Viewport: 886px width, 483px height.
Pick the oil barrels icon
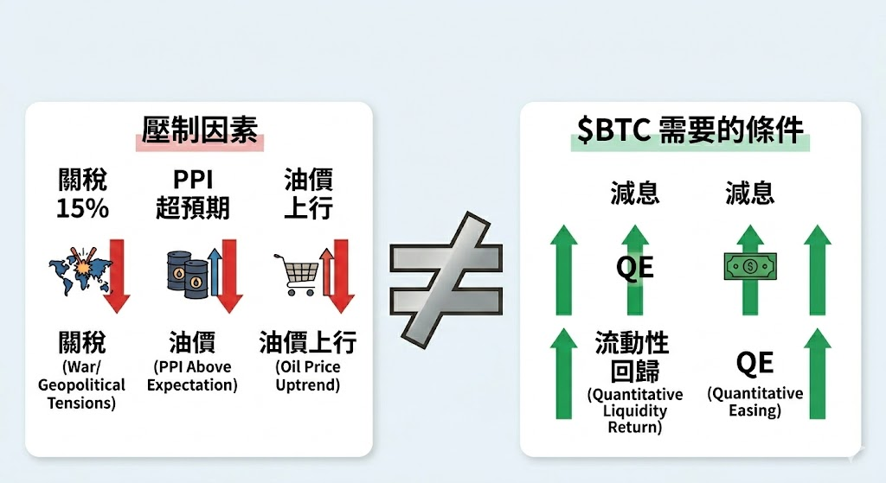click(187, 273)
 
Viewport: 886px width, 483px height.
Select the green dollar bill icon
click(749, 266)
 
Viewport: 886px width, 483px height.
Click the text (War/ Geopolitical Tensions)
click(81, 384)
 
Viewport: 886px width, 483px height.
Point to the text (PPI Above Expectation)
click(192, 376)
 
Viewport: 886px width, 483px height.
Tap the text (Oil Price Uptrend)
click(308, 376)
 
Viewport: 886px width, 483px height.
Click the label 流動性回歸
click(633, 356)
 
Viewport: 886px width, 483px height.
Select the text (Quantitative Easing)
click(754, 402)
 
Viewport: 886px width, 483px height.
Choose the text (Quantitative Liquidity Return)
click(634, 410)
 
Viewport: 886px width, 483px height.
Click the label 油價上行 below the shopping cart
click(308, 342)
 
